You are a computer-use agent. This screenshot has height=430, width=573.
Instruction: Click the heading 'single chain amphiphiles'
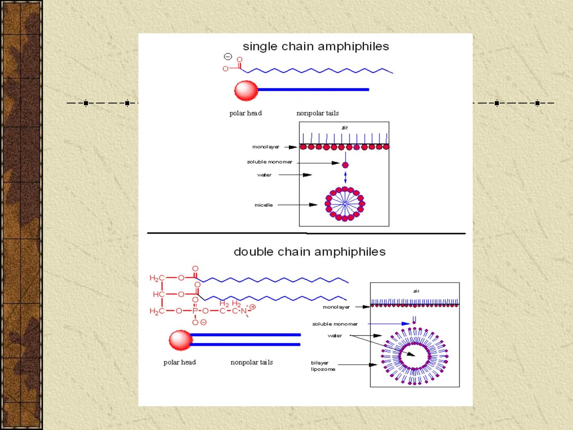pyautogui.click(x=316, y=47)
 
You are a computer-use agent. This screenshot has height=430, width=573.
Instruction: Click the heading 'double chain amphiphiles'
pyautogui.click(x=310, y=252)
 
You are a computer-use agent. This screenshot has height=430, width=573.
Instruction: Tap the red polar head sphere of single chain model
pyautogui.click(x=246, y=90)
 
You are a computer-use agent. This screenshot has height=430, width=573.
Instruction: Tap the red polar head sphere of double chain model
pyautogui.click(x=180, y=340)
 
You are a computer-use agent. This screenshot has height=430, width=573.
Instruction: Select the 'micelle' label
pyautogui.click(x=264, y=205)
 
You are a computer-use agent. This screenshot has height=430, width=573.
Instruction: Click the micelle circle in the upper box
pyautogui.click(x=345, y=203)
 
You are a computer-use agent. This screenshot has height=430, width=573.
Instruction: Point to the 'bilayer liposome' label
pyautogui.click(x=323, y=366)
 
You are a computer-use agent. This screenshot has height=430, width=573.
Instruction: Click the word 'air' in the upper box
pyautogui.click(x=345, y=128)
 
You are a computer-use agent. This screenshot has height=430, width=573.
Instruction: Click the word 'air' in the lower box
pyautogui.click(x=416, y=291)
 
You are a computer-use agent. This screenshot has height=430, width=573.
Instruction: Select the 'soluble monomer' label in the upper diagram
pyautogui.click(x=269, y=162)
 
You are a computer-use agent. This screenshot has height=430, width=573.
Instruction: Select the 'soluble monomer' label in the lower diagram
pyautogui.click(x=335, y=324)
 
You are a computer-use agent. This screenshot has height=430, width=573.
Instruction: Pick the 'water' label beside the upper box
pyautogui.click(x=264, y=175)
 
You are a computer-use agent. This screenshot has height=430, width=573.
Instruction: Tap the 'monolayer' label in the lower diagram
pyautogui.click(x=336, y=307)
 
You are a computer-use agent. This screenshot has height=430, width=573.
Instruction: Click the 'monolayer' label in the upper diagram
pyautogui.click(x=266, y=147)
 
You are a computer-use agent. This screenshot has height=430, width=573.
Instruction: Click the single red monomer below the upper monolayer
pyautogui.click(x=345, y=165)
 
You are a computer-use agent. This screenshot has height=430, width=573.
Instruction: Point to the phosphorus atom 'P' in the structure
pyautogui.click(x=195, y=311)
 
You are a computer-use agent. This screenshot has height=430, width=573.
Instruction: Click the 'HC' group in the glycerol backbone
pyautogui.click(x=158, y=294)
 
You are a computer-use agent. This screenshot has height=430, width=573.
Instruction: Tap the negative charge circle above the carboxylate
pyautogui.click(x=228, y=57)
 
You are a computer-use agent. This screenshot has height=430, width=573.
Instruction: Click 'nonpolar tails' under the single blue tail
pyautogui.click(x=318, y=113)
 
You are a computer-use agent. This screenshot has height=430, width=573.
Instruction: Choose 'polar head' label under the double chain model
pyautogui.click(x=179, y=362)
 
